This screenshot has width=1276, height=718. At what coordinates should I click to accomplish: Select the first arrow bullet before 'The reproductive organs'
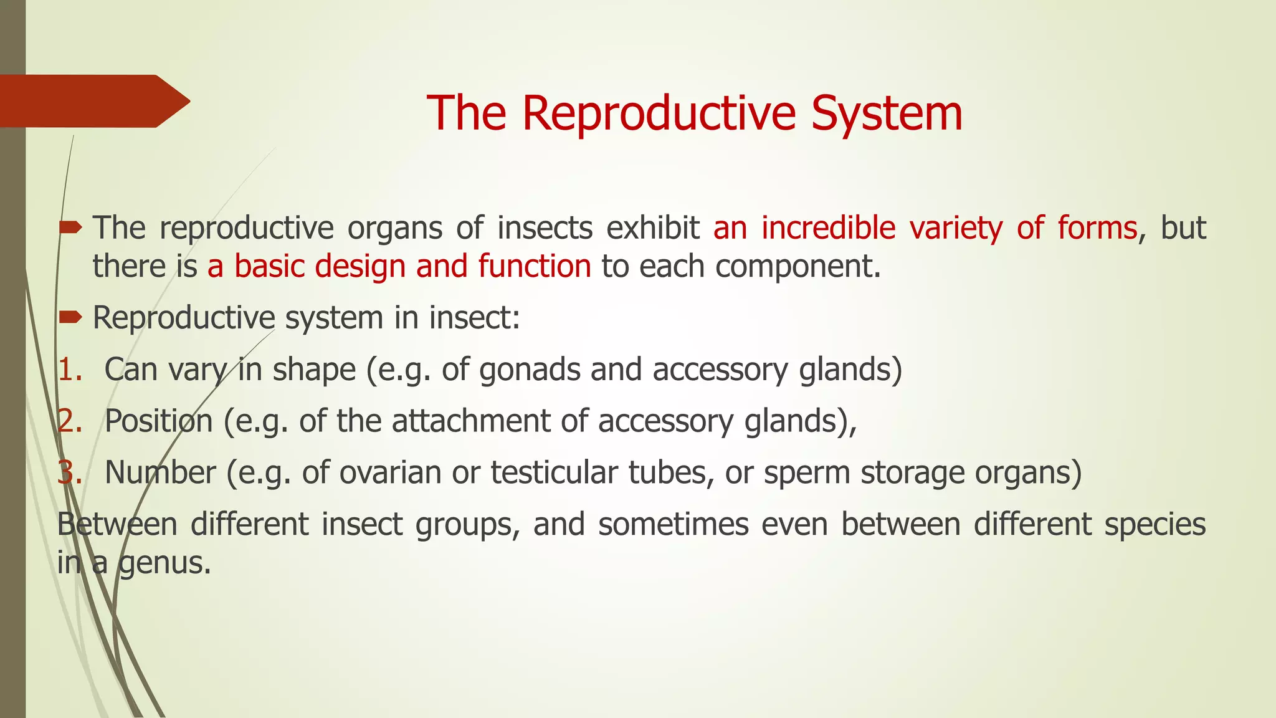pyautogui.click(x=70, y=228)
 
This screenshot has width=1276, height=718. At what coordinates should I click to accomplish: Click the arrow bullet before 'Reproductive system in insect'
pyautogui.click(x=70, y=318)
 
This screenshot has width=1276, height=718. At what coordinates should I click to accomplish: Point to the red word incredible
pyautogui.click(x=828, y=228)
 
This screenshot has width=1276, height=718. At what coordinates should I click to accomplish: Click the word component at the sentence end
pyautogui.click(x=796, y=267)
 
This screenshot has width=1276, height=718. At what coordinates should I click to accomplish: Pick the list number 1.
pyautogui.click(x=69, y=370)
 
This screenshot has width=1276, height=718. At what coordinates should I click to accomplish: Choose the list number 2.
pyautogui.click(x=69, y=421)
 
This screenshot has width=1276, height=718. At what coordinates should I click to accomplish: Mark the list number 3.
pyautogui.click(x=69, y=473)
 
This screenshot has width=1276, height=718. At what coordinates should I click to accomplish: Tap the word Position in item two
pyautogui.click(x=158, y=421)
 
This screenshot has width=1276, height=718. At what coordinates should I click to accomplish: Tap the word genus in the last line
pyautogui.click(x=164, y=563)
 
